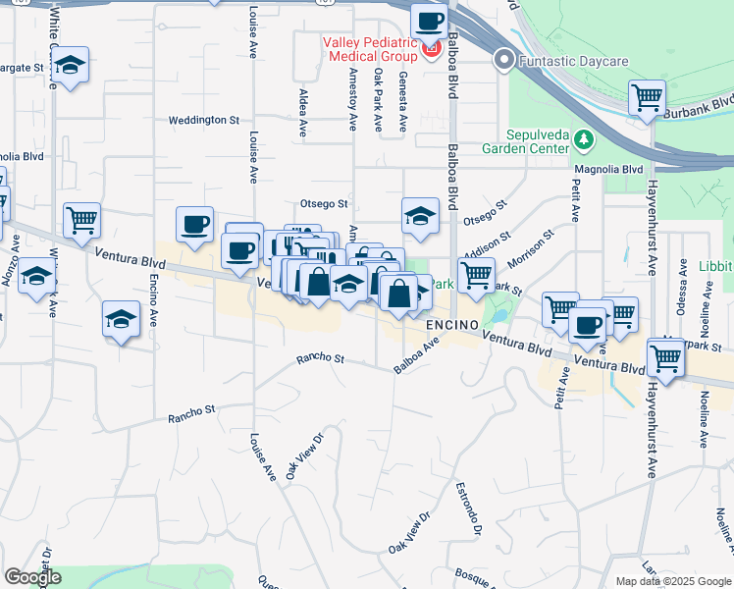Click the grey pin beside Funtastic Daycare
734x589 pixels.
504,61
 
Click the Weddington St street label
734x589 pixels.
204,120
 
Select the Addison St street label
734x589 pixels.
490,243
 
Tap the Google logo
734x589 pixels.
32,577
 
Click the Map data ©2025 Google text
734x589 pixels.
674,581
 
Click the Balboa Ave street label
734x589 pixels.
416,357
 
